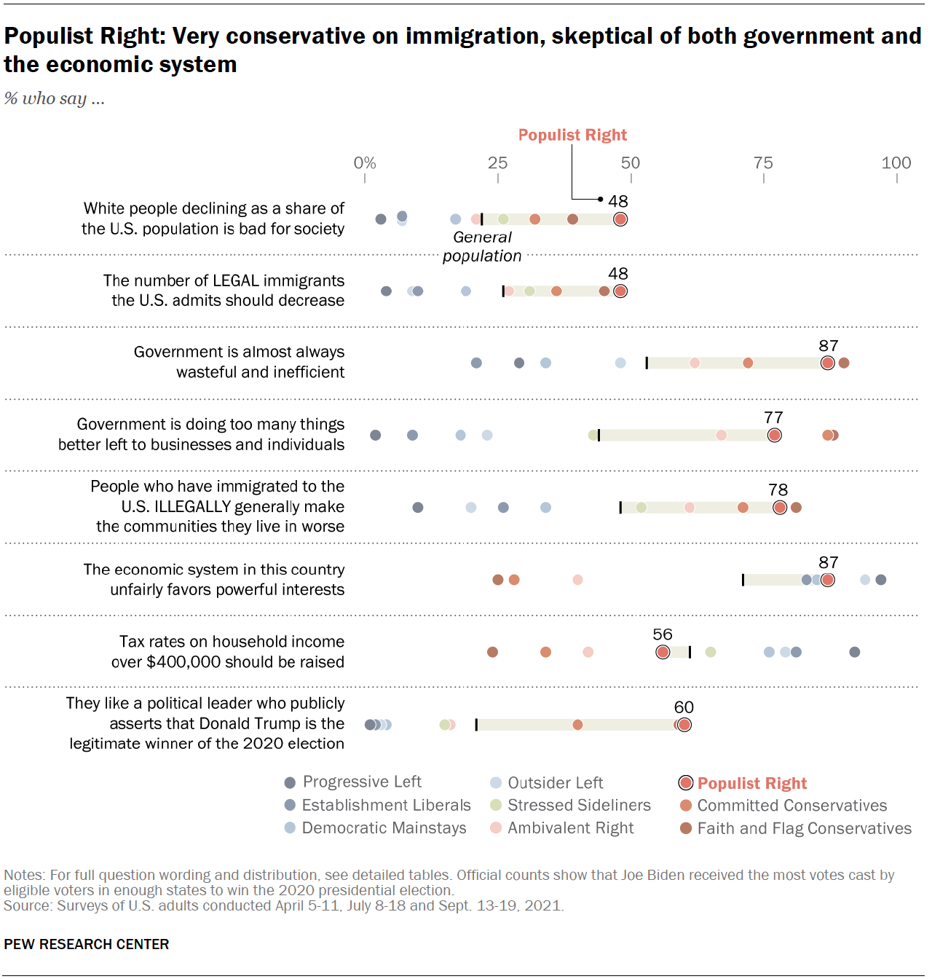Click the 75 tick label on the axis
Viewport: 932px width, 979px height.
click(x=763, y=162)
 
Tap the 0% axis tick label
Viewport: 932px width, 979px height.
click(x=365, y=162)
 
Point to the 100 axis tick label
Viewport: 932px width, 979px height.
click(x=896, y=162)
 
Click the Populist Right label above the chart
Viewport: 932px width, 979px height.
click(x=572, y=135)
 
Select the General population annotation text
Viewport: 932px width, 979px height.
click(x=482, y=246)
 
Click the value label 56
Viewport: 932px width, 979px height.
click(x=663, y=634)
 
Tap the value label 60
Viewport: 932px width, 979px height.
click(x=684, y=707)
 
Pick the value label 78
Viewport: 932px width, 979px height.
click(x=778, y=489)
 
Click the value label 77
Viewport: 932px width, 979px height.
click(x=773, y=417)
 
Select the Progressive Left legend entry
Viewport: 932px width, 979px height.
click(x=362, y=782)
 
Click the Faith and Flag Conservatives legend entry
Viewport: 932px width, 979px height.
click(x=804, y=828)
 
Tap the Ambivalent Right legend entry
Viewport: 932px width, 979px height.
click(x=570, y=827)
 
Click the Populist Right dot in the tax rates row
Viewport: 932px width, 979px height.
click(x=663, y=652)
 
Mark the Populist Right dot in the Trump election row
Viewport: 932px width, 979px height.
click(x=684, y=725)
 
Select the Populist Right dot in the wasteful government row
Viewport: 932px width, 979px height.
click(x=827, y=363)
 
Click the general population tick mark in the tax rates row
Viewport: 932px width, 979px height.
click(x=690, y=652)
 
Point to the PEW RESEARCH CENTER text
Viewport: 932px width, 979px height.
click(x=87, y=944)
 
